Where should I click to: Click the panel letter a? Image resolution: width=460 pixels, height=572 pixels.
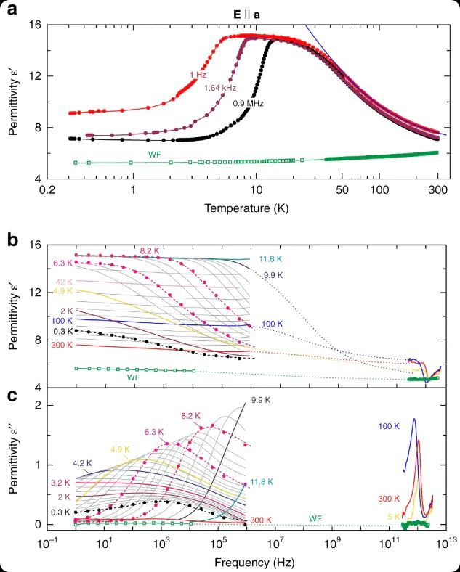[12, 10]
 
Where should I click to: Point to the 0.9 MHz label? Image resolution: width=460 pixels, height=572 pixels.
[247, 104]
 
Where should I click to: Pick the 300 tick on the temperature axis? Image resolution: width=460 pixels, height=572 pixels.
[436, 191]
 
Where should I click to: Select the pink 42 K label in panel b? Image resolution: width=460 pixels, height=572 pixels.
[63, 281]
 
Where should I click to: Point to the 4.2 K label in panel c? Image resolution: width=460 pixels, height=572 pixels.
[82, 462]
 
